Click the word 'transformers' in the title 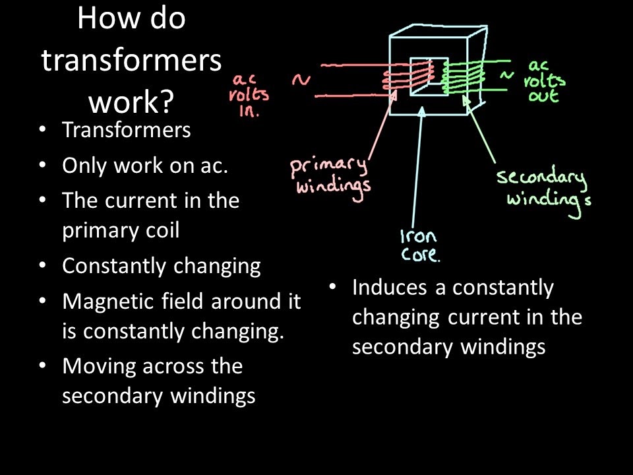coord(131,61)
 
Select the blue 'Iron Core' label coord(419,245)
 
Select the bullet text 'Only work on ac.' coord(144,165)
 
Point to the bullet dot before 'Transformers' coord(43,129)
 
